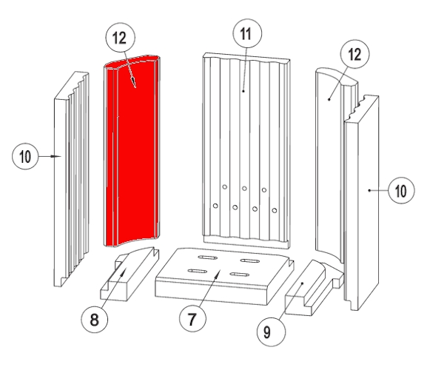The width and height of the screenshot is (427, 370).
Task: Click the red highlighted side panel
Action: tap(132, 152)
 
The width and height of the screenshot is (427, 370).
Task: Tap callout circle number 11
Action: tap(247, 33)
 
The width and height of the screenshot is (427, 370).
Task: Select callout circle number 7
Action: tap(192, 318)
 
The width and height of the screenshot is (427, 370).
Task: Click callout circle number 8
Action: tap(94, 319)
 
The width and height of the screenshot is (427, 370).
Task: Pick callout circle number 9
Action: tap(272, 332)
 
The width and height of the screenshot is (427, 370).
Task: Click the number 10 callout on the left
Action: tap(25, 156)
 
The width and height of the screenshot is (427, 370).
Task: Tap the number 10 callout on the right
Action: tap(401, 190)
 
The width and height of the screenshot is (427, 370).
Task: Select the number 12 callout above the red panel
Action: tap(121, 37)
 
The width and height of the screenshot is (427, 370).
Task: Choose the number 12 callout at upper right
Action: tap(355, 54)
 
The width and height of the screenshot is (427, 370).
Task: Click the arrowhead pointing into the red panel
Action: tap(133, 82)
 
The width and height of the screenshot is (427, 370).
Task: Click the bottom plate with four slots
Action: tap(224, 275)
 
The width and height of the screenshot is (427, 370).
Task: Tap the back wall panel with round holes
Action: tap(246, 150)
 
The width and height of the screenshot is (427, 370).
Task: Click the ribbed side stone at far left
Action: tap(72, 179)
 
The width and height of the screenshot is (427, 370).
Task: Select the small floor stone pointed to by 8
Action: tap(130, 274)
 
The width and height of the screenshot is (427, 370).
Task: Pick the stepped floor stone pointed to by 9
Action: tap(314, 289)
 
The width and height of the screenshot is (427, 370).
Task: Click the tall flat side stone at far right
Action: tap(361, 203)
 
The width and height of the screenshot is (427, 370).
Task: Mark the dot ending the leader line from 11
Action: tap(243, 91)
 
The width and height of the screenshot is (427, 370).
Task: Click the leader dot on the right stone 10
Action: tap(369, 190)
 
